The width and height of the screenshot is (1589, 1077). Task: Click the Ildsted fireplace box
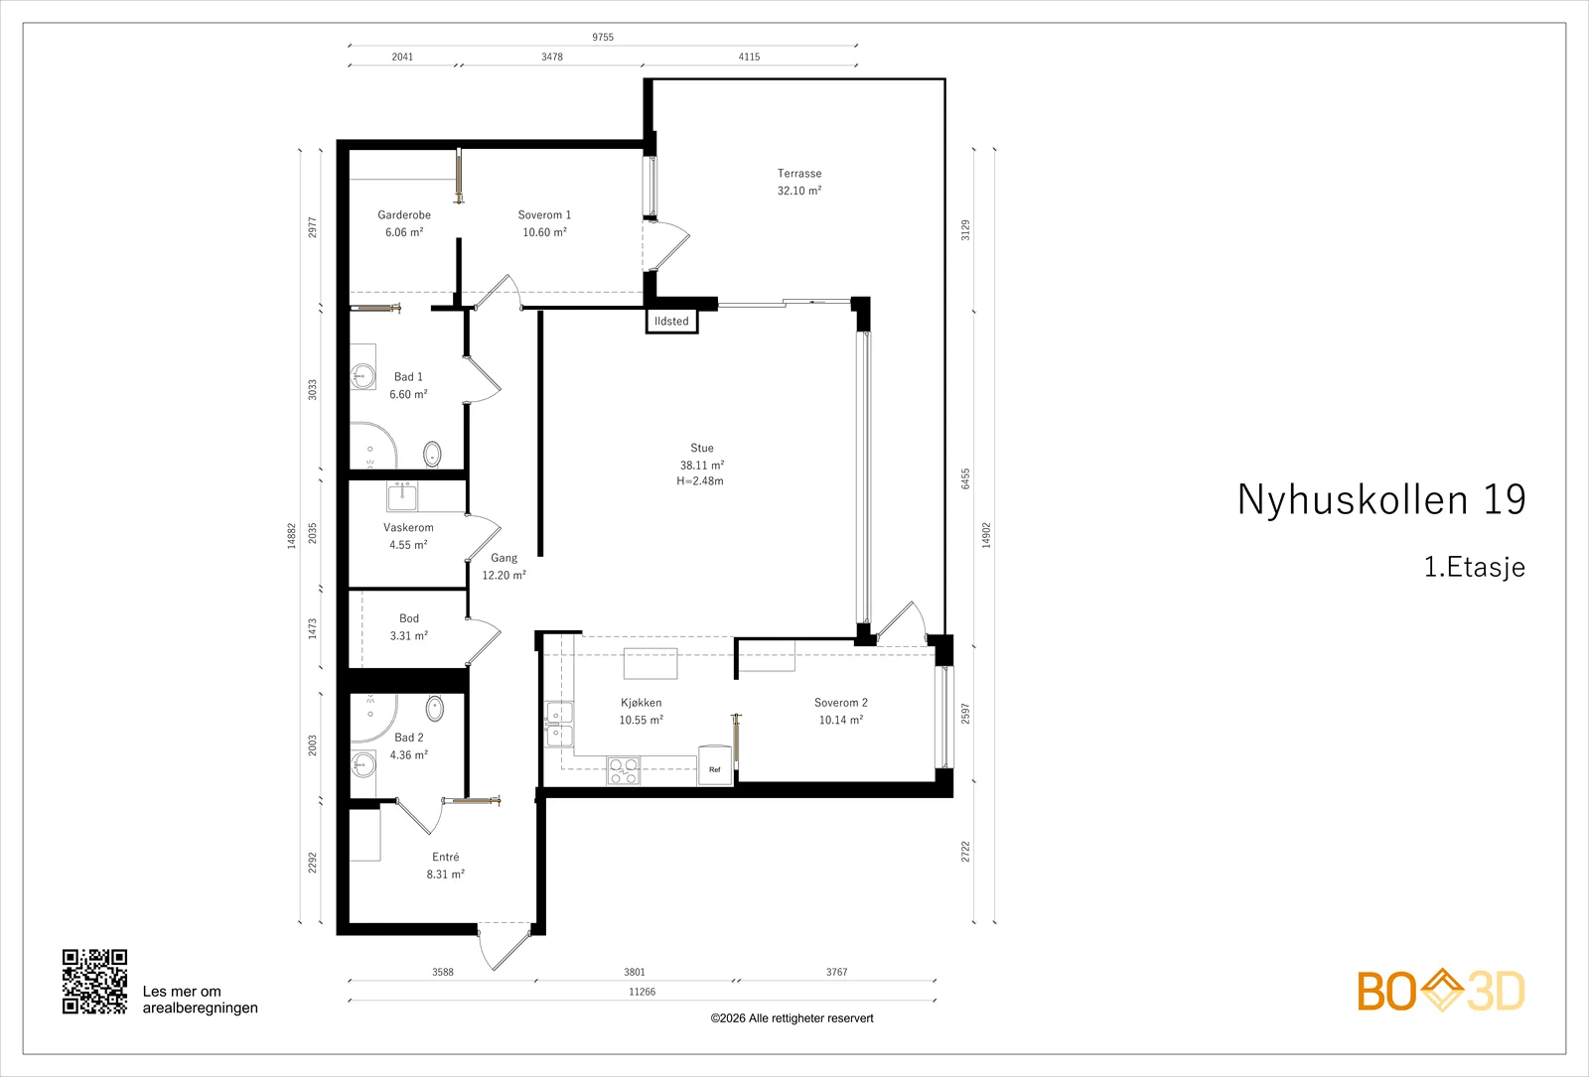[x=671, y=322]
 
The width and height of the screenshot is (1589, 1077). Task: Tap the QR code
[x=95, y=982]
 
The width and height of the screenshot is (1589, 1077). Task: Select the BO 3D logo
[x=1441, y=991]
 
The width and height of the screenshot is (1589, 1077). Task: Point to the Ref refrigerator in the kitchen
[x=714, y=765]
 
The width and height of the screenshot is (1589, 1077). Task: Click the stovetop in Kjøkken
[x=624, y=770]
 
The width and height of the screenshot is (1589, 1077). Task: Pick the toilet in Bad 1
[x=432, y=454]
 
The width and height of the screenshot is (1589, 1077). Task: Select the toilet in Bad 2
[x=435, y=709]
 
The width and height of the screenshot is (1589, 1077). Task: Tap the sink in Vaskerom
[x=402, y=496]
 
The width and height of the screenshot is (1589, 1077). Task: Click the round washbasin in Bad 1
[x=363, y=375]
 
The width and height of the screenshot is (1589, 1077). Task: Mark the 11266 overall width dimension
[x=642, y=992]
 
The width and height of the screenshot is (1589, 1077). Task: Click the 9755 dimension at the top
[x=603, y=37]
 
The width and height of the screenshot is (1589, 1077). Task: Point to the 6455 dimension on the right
[x=965, y=478]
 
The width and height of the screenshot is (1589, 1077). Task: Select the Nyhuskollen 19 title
[x=1381, y=499]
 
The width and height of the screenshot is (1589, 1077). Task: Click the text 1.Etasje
[x=1475, y=567]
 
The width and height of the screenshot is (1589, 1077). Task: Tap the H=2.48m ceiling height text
[x=700, y=480]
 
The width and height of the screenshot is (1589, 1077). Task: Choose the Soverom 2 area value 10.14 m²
[x=841, y=720]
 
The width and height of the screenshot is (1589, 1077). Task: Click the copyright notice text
[x=792, y=1018]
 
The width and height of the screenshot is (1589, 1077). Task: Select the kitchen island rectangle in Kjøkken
[x=650, y=664]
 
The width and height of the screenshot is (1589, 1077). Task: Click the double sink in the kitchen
[x=559, y=724]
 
